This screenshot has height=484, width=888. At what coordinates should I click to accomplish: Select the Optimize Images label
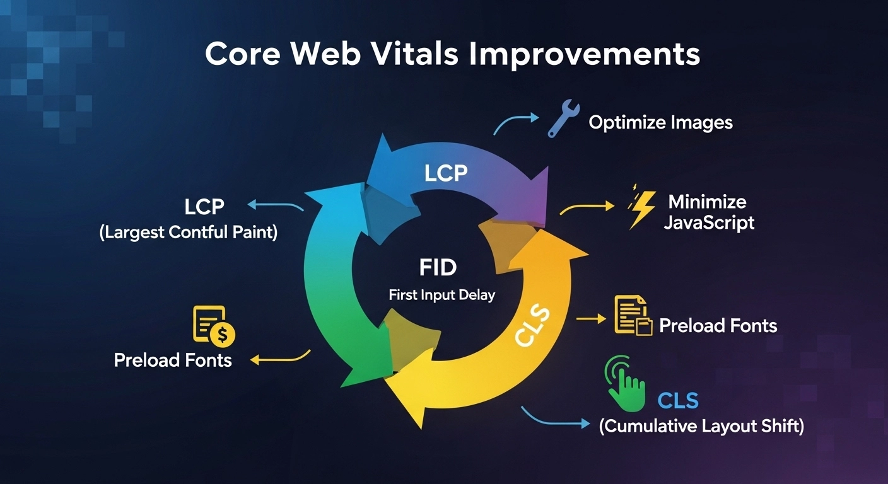pyautogui.click(x=660, y=122)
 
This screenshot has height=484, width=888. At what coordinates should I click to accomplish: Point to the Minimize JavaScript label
pyautogui.click(x=708, y=212)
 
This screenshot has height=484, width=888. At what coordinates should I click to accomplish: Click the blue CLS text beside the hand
pyautogui.click(x=677, y=400)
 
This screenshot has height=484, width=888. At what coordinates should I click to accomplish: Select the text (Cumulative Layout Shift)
pyautogui.click(x=701, y=427)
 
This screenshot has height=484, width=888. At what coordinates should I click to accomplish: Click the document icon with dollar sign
pyautogui.click(x=213, y=326)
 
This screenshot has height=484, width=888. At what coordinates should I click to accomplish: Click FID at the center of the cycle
pyautogui.click(x=437, y=268)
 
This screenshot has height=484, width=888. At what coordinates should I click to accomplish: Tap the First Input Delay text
pyautogui.click(x=441, y=294)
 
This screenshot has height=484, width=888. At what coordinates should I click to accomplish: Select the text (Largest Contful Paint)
pyautogui.click(x=188, y=233)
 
